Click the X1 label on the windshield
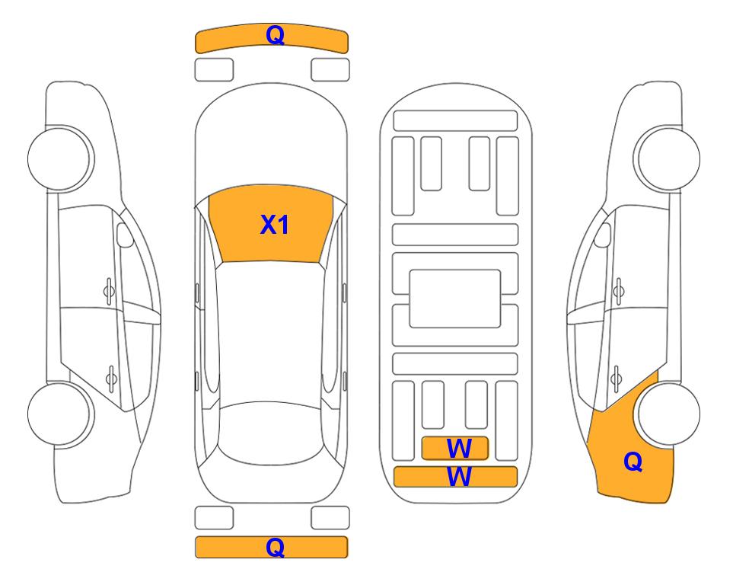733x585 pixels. (x=275, y=225)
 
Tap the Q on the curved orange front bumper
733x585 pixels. (x=276, y=35)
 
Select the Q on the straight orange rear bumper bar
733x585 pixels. (x=276, y=547)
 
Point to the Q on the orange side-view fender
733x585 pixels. (x=633, y=462)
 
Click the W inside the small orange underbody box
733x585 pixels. (x=459, y=449)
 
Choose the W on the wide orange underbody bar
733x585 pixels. (x=459, y=477)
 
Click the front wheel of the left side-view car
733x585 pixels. (x=60, y=158)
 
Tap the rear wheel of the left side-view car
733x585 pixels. (x=60, y=414)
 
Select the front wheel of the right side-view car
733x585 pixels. (x=667, y=158)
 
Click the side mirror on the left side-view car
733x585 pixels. (x=125, y=235)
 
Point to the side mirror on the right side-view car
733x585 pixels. (x=602, y=235)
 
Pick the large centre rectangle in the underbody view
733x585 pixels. (x=455, y=299)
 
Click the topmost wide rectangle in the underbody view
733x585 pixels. (x=455, y=121)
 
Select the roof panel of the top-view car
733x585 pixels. (x=271, y=332)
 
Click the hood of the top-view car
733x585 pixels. (x=271, y=140)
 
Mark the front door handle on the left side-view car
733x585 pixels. (x=108, y=291)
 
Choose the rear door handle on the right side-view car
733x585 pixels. (x=617, y=378)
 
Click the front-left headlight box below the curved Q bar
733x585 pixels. (x=214, y=70)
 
